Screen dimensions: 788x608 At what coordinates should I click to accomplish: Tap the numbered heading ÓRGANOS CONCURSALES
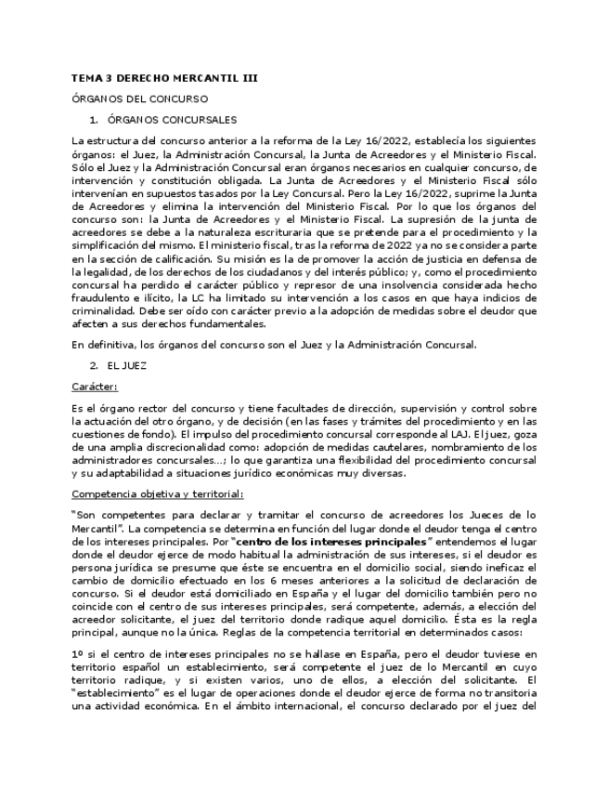tap(172, 120)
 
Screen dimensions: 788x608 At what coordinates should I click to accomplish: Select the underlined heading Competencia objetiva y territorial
tap(157, 493)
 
